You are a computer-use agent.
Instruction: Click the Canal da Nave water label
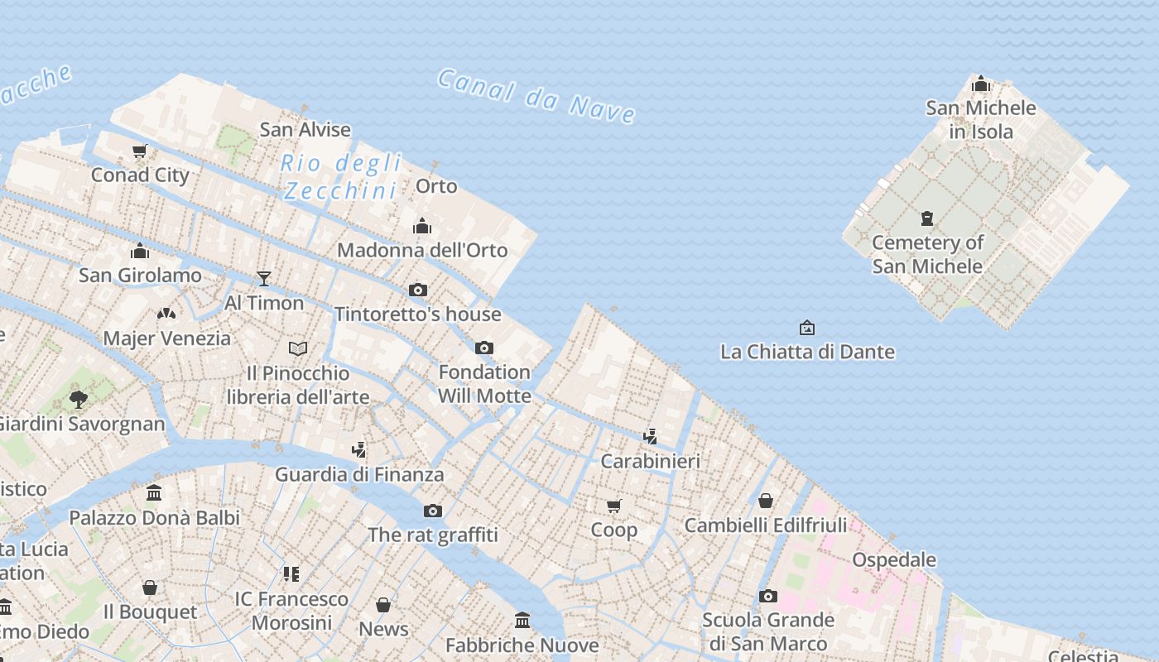(x=536, y=96)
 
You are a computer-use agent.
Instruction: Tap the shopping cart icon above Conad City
(x=140, y=151)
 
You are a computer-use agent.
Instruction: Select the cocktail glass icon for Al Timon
(x=264, y=279)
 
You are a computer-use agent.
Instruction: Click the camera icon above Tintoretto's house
(x=418, y=290)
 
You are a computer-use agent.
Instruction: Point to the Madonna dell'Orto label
(x=422, y=250)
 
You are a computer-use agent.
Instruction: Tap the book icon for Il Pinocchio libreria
(x=298, y=348)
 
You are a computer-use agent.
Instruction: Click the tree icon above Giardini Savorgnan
(x=79, y=400)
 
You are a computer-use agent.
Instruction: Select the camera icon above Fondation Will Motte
(x=484, y=348)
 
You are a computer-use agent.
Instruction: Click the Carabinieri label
(x=650, y=461)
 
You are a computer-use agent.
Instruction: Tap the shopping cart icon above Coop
(x=613, y=506)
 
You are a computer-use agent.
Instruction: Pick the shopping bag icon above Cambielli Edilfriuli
(x=766, y=501)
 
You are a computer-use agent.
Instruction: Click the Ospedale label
(x=894, y=559)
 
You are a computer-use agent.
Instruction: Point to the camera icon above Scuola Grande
(x=768, y=596)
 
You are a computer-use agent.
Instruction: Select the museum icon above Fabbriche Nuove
(x=522, y=620)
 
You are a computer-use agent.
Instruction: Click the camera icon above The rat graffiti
(x=433, y=511)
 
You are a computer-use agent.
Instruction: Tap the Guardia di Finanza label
(x=359, y=474)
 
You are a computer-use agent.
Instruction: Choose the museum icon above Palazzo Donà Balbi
(x=154, y=493)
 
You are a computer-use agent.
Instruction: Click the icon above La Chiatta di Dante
(x=807, y=328)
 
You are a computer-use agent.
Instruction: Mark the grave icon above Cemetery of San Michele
(x=927, y=218)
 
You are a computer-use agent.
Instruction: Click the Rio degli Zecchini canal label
(x=340, y=176)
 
